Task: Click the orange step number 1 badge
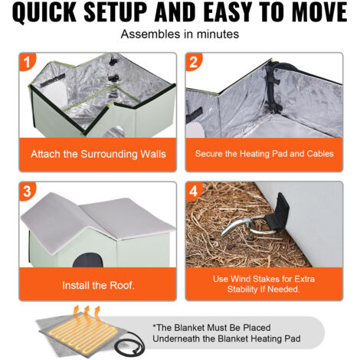27,61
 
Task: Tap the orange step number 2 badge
194,61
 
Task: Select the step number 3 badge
27,191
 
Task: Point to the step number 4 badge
194,191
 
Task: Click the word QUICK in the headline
44,12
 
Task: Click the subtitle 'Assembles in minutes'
180,34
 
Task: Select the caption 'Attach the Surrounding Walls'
98,154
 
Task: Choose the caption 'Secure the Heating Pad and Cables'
264,153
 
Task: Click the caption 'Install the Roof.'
98,285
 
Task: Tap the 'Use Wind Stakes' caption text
263,284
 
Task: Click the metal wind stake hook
245,226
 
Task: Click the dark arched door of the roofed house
88,260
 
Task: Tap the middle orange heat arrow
86,313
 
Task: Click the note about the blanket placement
227,333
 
